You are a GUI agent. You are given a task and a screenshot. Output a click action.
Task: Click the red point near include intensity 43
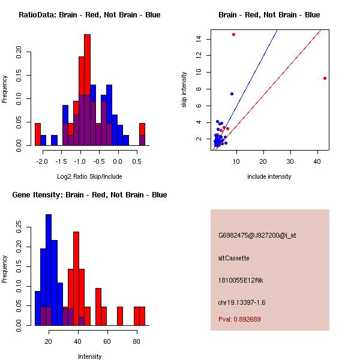325,78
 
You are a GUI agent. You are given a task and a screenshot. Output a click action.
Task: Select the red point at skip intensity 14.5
234,34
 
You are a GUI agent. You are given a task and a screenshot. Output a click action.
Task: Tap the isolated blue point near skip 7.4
232,94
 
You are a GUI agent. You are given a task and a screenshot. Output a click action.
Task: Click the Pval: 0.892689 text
239,319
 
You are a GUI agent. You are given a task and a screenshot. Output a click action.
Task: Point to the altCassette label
233,258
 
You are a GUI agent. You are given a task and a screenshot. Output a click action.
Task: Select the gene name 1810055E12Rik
241,280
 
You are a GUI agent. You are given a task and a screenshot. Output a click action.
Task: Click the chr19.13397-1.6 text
242,302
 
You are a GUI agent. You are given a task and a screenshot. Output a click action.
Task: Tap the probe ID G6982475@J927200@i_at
257,235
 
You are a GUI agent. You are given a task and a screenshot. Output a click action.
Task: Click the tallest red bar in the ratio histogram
87,90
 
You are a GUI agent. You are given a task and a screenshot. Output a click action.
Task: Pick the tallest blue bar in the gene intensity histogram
49,270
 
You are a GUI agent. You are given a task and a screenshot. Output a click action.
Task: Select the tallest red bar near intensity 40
76,278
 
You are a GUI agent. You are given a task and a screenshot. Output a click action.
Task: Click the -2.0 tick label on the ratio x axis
42,161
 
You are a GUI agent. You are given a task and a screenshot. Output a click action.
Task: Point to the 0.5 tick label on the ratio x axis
137,161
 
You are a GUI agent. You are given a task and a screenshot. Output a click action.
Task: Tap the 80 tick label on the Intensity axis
136,341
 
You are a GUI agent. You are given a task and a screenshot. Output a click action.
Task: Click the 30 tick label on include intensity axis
290,161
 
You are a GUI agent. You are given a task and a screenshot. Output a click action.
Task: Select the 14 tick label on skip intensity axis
199,38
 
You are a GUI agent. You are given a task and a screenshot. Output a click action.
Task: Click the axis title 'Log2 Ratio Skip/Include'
89,176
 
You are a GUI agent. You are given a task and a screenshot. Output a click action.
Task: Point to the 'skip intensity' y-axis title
184,89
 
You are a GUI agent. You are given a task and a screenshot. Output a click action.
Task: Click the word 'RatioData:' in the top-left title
37,14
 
